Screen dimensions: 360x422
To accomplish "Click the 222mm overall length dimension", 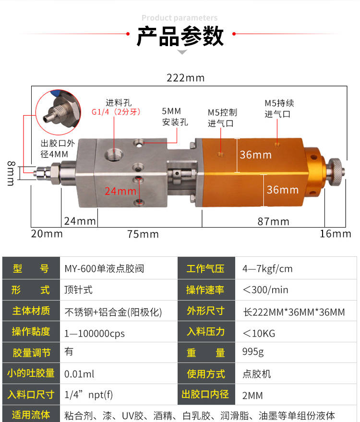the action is tap(185, 78).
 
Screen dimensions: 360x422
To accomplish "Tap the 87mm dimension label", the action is tap(274, 221).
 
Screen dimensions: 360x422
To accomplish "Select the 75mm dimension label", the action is tap(143, 234).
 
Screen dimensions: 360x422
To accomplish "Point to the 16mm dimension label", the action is tap(335, 234).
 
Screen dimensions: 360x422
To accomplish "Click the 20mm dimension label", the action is tap(47, 234).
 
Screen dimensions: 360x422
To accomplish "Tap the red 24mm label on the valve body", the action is tap(120, 191).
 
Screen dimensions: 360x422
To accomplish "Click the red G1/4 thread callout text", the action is tap(116, 112).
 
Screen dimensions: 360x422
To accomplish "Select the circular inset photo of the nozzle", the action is tap(58, 112).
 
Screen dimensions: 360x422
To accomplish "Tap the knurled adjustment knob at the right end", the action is tap(335, 172).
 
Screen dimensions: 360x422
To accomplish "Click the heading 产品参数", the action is tap(180, 36).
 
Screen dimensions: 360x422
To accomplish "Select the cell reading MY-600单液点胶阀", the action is tap(104, 268).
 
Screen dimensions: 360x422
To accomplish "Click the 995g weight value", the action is tap(253, 352).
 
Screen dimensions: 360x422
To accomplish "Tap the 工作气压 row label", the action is tap(205, 268).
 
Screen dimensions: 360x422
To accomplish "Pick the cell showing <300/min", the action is tap(265, 290).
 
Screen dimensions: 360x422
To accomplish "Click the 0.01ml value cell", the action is tap(79, 374).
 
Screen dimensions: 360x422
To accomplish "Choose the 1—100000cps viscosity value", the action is tap(95, 334).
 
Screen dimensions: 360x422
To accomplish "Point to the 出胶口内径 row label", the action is tap(205, 394).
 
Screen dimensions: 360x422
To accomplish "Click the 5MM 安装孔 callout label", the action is tap(175, 117).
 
